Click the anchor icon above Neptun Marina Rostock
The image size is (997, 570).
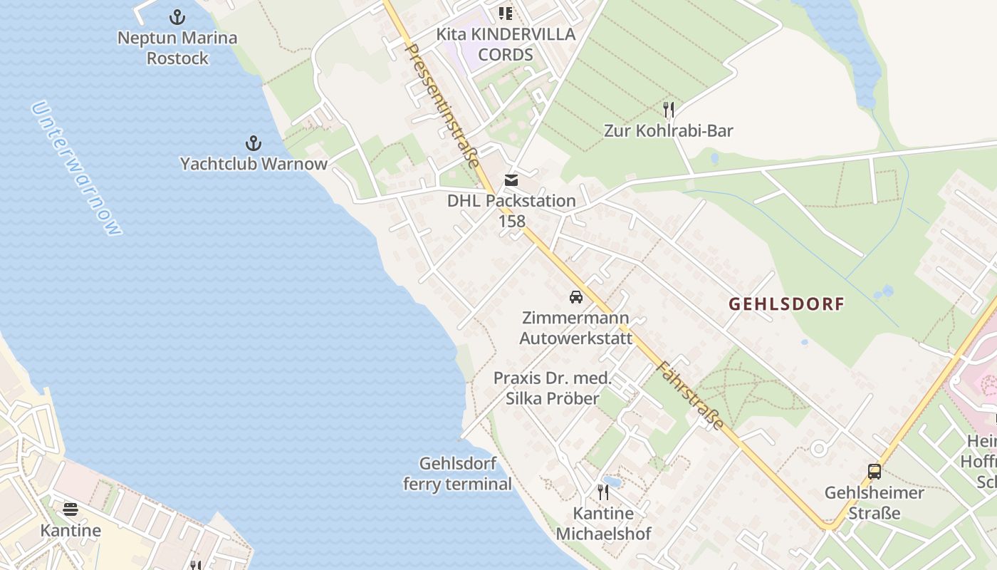point(177,17)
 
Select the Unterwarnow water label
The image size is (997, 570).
point(76,168)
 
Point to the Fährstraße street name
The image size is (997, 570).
point(690,395)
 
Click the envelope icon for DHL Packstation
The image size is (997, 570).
point(511,180)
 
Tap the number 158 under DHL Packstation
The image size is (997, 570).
point(511,221)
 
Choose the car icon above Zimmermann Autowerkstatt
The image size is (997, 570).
point(575,297)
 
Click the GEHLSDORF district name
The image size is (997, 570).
point(786,304)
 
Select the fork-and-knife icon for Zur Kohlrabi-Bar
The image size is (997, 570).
point(668,110)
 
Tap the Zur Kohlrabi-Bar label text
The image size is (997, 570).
point(668,130)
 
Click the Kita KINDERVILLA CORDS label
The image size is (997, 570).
point(506,44)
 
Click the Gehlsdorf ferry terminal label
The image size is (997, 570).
point(457,474)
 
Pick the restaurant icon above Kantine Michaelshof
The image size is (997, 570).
point(603,492)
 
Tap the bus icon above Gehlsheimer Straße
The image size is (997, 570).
point(874,471)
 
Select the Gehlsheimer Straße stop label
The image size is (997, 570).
point(874,502)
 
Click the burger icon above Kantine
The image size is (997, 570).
point(71,509)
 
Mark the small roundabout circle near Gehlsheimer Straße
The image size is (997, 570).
point(819,449)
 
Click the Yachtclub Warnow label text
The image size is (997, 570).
point(254,164)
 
